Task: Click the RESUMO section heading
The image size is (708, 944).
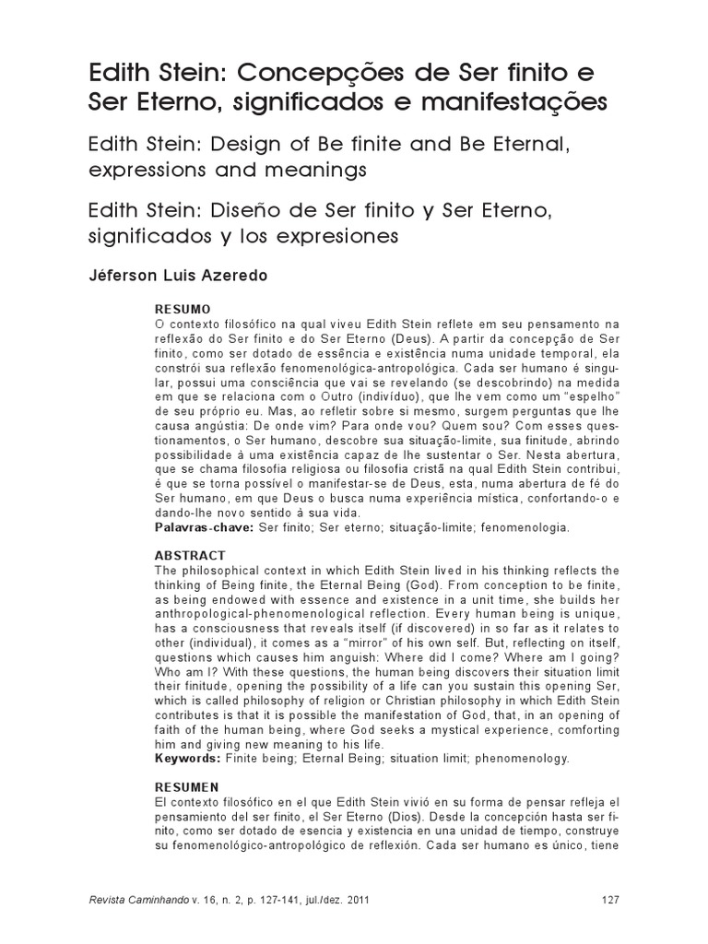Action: [183, 308]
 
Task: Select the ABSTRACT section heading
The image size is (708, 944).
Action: [191, 556]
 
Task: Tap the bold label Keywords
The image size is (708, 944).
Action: [186, 759]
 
